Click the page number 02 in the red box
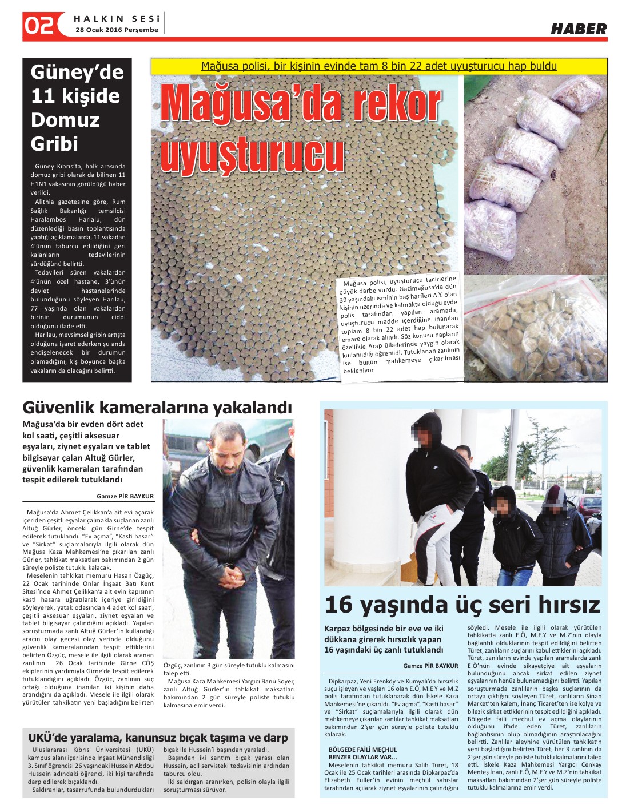39,26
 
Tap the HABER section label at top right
579,29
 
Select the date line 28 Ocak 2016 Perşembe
117,30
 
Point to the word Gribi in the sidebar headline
54,144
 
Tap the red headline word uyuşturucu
252,152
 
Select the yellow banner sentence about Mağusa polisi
378,66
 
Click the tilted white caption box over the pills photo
400,325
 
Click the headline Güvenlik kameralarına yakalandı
157,408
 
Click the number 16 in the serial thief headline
338,604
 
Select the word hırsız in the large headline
566,604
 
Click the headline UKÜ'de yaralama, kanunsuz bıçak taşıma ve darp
158,738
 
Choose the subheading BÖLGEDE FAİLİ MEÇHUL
362,750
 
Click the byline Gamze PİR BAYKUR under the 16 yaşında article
430,666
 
